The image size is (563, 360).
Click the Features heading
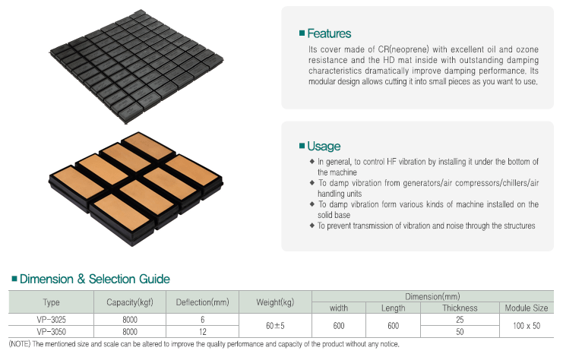[329, 33]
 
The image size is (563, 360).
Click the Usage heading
[324, 146]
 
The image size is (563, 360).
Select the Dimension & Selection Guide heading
[95, 279]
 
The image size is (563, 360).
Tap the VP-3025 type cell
[52, 320]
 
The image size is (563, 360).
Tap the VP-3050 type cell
[52, 332]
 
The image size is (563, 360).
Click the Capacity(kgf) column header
[130, 302]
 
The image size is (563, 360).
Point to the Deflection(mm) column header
[203, 302]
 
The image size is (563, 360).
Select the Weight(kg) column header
[275, 302]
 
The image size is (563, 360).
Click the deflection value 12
[203, 332]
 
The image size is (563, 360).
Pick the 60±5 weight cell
[275, 326]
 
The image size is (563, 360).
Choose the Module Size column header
[527, 308]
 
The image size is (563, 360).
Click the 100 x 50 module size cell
[527, 326]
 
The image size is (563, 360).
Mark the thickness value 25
[460, 320]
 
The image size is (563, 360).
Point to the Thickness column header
[460, 308]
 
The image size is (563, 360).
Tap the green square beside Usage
[302, 146]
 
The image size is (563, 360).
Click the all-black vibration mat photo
[136, 66]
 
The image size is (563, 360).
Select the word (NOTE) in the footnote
[20, 344]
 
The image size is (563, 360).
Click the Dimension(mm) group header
[432, 296]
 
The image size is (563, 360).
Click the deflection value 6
[203, 320]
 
